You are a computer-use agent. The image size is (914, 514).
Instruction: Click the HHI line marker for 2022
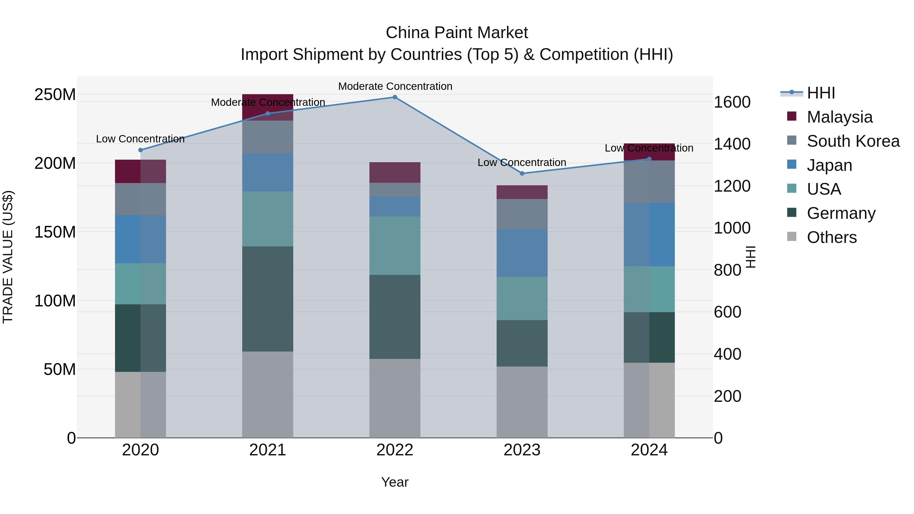[395, 97]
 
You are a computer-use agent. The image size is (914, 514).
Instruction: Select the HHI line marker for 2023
[522, 173]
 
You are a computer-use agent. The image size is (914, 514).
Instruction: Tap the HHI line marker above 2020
[140, 150]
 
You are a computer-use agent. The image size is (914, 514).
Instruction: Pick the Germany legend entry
[841, 213]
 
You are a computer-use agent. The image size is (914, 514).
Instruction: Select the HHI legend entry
[820, 93]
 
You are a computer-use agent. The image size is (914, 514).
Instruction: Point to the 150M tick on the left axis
[55, 232]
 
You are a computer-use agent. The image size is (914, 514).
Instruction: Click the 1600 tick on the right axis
[732, 102]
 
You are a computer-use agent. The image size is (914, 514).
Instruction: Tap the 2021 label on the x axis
[268, 450]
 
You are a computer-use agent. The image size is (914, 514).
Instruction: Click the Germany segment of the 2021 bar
[268, 299]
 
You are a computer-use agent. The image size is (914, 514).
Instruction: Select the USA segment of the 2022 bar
[395, 245]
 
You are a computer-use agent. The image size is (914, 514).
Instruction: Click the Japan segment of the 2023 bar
[522, 253]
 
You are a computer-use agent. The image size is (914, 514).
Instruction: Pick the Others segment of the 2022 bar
[395, 398]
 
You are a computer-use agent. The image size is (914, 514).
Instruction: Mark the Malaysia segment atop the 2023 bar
[522, 192]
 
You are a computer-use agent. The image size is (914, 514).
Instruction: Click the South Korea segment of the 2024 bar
[649, 182]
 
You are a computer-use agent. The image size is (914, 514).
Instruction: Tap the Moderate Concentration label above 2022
[395, 86]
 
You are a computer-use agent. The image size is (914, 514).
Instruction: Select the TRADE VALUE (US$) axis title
[8, 257]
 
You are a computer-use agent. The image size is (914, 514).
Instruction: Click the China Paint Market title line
[457, 33]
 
